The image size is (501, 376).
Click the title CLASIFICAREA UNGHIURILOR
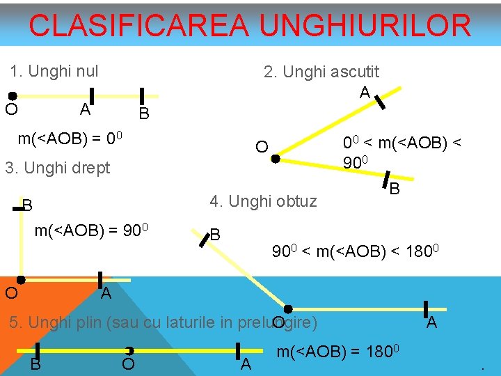point(250,26)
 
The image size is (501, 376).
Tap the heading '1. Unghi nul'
point(54,71)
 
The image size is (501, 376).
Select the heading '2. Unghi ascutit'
point(321,72)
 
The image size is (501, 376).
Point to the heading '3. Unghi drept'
point(57,169)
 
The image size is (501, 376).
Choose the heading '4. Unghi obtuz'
point(263,202)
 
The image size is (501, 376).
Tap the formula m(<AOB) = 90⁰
point(93,230)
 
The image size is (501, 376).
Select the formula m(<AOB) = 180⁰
point(337,352)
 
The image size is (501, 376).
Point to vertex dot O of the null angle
point(13,96)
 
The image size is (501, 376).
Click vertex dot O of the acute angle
point(276,159)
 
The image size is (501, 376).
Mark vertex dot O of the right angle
point(21,280)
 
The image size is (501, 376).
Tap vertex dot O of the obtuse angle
point(287,308)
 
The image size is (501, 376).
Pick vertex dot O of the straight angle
point(129,351)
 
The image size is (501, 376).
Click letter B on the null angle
point(143,113)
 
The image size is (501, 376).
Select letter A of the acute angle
point(364,92)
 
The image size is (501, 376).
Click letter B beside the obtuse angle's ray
point(216,235)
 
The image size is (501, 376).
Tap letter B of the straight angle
point(35,364)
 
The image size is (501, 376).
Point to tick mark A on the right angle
point(100,280)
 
